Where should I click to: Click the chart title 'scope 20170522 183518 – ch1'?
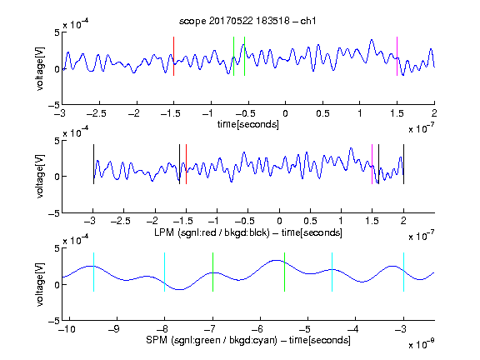click(x=247, y=21)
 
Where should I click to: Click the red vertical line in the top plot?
click(x=173, y=56)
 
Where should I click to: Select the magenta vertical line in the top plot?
click(x=397, y=56)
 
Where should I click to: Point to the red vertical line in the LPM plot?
click(x=186, y=164)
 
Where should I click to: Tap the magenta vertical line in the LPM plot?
click(x=372, y=164)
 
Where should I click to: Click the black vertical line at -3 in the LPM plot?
click(x=93, y=164)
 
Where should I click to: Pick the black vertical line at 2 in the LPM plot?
click(x=403, y=164)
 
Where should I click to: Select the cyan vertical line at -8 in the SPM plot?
click(x=165, y=272)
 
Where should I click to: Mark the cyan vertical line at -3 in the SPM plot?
click(x=403, y=272)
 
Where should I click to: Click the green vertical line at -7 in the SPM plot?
click(x=212, y=272)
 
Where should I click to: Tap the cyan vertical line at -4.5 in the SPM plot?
click(x=332, y=272)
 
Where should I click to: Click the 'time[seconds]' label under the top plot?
click(x=248, y=125)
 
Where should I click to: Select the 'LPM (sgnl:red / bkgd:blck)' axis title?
click(x=212, y=232)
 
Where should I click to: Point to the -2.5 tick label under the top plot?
click(x=97, y=113)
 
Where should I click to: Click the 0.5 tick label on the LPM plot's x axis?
click(x=310, y=221)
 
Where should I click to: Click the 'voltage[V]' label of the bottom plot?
click(x=40, y=285)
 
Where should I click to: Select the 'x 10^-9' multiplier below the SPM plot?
click(x=421, y=344)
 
